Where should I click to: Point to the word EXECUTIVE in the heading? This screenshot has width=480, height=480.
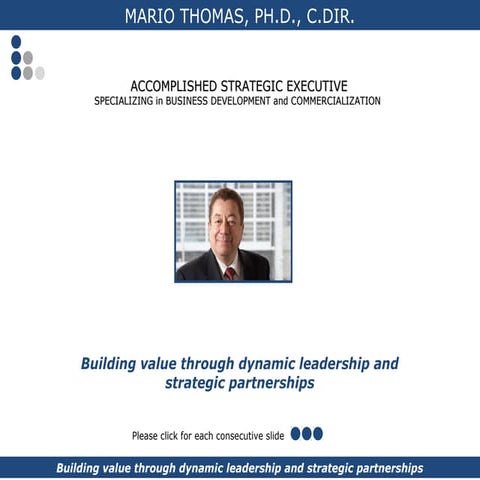(x=313, y=86)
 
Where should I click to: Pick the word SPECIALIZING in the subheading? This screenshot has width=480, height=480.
(x=128, y=101)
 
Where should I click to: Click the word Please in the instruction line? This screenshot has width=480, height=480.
(x=146, y=435)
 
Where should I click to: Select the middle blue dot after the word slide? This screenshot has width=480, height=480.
(x=306, y=434)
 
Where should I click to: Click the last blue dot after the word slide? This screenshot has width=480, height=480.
(x=318, y=434)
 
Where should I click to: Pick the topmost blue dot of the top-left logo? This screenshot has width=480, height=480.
(x=16, y=42)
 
